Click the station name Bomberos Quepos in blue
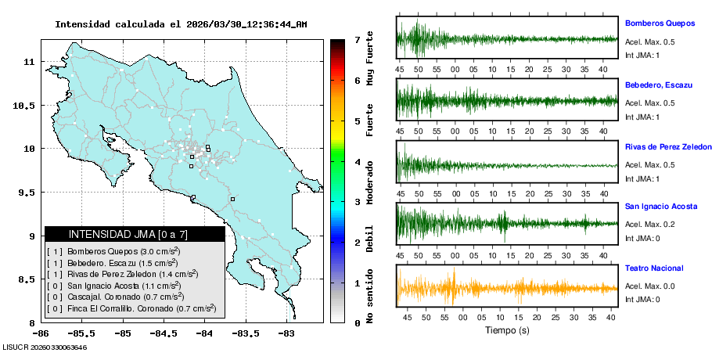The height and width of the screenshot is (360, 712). click(660, 23)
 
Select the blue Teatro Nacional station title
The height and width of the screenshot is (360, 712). click(654, 268)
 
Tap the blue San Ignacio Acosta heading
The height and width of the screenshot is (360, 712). click(661, 207)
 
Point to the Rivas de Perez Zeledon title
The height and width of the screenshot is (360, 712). click(668, 147)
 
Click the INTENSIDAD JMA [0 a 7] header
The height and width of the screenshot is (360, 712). click(135, 234)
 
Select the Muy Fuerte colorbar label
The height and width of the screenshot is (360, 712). click(370, 58)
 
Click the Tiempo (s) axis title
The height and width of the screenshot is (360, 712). click(507, 330)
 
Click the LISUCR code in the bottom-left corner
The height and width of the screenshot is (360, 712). click(44, 347)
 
